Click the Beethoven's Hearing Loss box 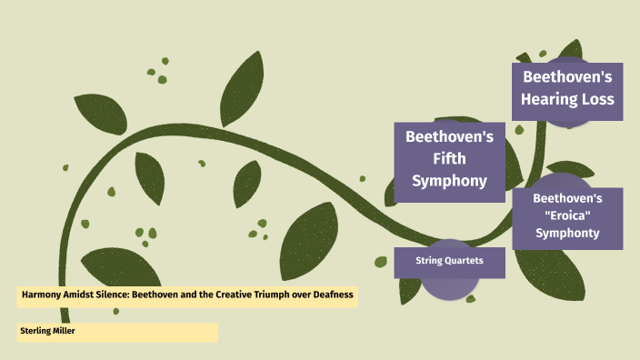pos(566,87)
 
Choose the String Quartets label pos(448,262)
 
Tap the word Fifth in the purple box pos(448,159)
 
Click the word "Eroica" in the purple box pos(567,215)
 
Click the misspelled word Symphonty pos(567,233)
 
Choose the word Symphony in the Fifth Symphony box pos(448,180)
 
